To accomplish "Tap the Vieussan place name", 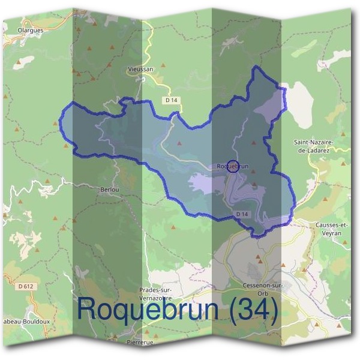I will (141, 69).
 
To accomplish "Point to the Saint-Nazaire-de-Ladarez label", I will (313, 145).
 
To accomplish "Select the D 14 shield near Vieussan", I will (172, 100).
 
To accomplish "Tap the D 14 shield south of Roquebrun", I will (242, 214).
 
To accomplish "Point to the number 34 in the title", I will (253, 309).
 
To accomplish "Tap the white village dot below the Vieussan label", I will (140, 77).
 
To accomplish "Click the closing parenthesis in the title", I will (274, 310).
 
